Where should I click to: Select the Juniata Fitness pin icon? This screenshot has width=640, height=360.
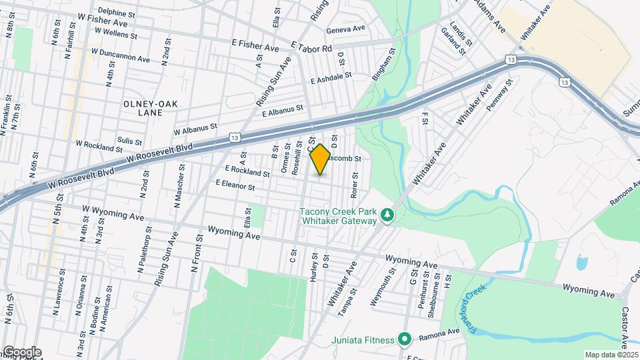pos(404,339)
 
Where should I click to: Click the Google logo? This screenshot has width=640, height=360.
pos(21,352)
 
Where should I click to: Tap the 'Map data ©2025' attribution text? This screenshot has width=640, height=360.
pos(610,355)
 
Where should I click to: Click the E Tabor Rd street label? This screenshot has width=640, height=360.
pos(311,49)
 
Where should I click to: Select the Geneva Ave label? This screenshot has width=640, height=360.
pos(346,29)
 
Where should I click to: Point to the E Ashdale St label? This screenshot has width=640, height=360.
pos(331,79)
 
